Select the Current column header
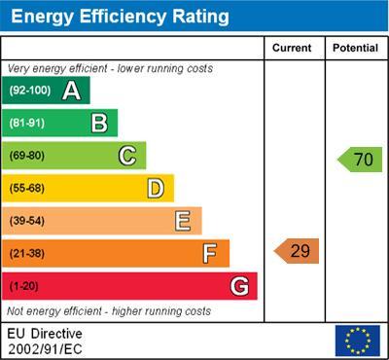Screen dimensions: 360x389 coord(292,48)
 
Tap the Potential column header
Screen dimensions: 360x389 coord(355,48)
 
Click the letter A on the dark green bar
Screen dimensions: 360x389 coord(71,91)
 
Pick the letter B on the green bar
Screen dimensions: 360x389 coord(99,123)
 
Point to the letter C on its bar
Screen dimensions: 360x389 coord(127,156)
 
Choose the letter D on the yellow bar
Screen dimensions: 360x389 coord(155,189)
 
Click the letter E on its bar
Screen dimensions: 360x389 coord(182,221)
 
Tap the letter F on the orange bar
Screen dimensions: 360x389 coord(209,254)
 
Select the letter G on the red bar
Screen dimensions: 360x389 coord(238,287)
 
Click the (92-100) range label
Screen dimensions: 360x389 coord(30,91)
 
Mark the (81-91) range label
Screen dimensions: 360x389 coord(28,124)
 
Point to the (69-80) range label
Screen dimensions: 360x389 coord(28,156)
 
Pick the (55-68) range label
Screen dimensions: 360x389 coord(28,189)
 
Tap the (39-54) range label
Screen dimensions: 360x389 coord(28,221)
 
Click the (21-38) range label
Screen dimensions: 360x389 coord(28,254)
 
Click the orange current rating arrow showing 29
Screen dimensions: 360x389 coord(297,251)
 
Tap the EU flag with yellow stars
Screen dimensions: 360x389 coord(357,340)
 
